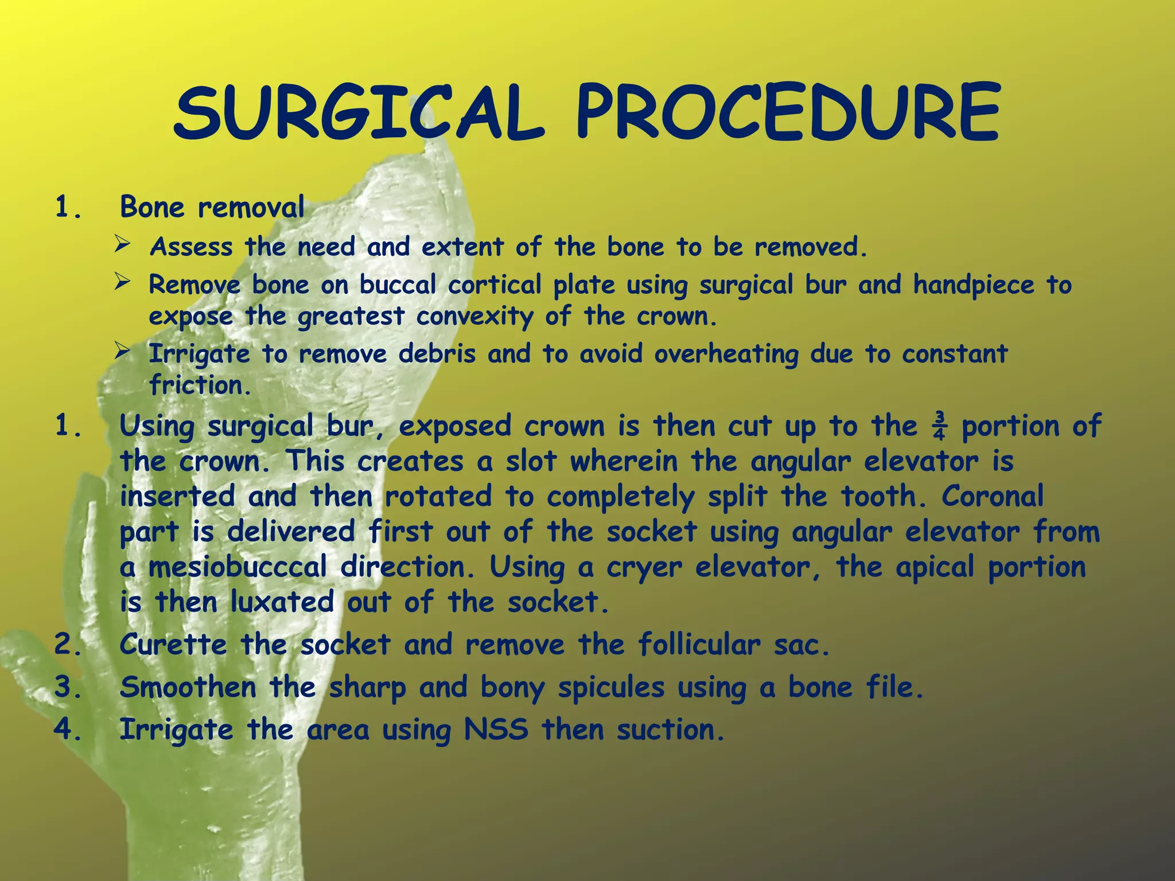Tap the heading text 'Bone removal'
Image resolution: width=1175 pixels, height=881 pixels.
(212, 207)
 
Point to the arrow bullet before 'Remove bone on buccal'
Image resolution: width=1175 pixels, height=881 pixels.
(122, 282)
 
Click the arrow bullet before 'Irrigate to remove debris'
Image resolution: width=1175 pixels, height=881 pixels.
(122, 350)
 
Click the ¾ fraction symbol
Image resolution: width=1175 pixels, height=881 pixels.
(939, 426)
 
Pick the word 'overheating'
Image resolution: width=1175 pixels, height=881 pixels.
(726, 354)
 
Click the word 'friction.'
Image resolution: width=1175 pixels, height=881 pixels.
(200, 385)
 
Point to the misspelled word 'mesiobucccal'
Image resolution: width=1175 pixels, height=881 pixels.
(238, 568)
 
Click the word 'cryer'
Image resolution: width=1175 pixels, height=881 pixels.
(644, 568)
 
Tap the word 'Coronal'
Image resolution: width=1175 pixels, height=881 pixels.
(993, 497)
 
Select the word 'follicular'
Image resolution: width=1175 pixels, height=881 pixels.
(699, 645)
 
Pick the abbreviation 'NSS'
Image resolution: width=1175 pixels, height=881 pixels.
(496, 730)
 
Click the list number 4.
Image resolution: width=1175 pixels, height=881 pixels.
(68, 730)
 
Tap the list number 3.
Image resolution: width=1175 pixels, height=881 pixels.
(68, 687)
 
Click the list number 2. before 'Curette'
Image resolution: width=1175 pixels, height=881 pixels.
(68, 645)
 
